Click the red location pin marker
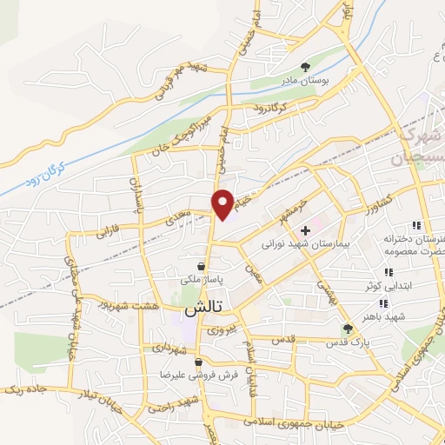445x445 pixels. coord(223,203)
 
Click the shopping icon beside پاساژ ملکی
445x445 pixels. coord(202,266)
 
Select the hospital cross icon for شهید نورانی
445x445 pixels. coord(305,231)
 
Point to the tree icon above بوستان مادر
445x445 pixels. coord(304,66)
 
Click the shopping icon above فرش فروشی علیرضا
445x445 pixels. coord(199,362)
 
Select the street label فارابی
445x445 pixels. coord(101,230)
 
